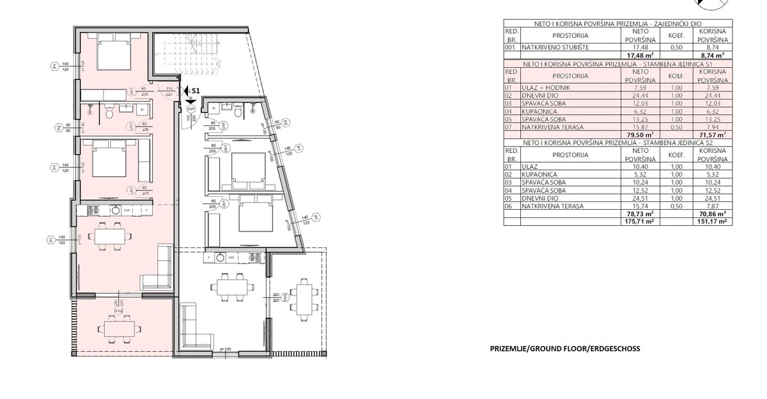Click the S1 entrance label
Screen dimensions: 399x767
(196, 91)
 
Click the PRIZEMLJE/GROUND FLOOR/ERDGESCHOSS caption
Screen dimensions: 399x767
(564, 348)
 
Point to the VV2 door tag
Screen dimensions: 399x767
(119, 311)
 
